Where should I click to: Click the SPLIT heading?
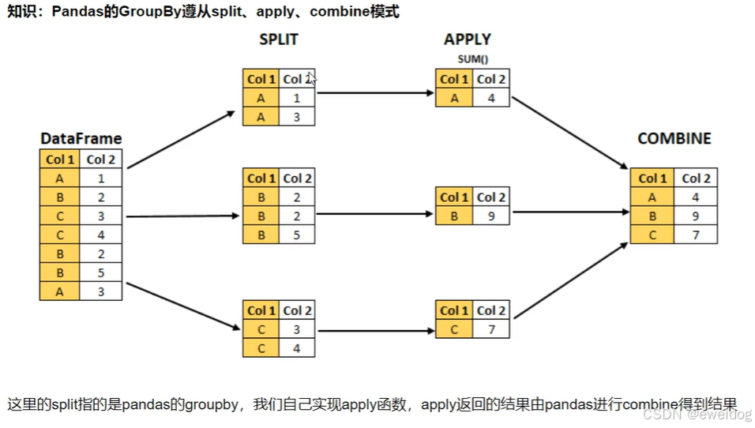point(279,39)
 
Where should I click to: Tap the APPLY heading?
point(467,39)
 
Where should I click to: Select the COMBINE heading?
point(674,139)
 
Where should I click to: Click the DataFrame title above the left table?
point(81,139)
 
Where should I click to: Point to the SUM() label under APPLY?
point(471,59)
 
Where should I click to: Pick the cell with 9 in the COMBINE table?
point(696,216)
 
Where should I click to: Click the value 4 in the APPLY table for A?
point(491,98)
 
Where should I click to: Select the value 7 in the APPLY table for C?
point(491,329)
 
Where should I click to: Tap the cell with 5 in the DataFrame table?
point(101,272)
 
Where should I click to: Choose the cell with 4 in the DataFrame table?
point(101,235)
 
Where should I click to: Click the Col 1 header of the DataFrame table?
point(60,160)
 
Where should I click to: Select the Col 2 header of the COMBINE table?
point(696,178)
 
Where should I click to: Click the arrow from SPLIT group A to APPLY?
point(374,92)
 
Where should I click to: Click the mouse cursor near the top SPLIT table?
point(312,78)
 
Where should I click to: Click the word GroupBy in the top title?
point(149,13)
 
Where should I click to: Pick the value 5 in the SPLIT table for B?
point(297,235)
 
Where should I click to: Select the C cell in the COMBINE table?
point(652,235)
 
